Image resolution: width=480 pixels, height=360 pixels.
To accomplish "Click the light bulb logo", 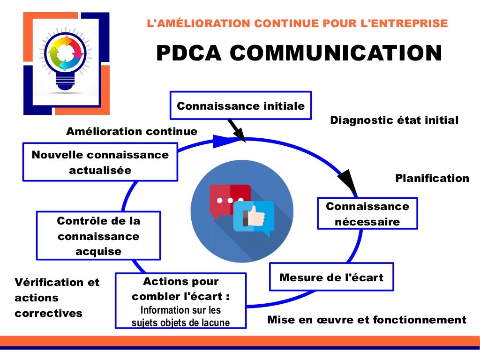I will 66,61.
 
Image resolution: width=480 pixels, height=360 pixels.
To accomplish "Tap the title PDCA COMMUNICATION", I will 299,53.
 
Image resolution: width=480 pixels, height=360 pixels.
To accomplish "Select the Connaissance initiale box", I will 240,105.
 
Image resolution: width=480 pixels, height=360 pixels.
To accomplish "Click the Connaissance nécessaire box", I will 367,213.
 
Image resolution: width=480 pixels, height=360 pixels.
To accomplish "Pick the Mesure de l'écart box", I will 331,277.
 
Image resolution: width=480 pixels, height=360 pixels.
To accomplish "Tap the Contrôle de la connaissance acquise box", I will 98,236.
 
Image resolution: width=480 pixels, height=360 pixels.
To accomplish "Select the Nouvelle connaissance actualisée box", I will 100,162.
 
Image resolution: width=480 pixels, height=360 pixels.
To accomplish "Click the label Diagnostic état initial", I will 394,120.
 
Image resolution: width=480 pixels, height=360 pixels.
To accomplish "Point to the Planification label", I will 432,178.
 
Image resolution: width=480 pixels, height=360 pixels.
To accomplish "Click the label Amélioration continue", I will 132,131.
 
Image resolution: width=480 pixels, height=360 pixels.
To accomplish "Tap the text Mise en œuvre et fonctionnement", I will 367,320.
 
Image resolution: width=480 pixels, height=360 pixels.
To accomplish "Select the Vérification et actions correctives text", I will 57,298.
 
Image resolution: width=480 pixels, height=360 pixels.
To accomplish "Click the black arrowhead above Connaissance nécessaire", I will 348,182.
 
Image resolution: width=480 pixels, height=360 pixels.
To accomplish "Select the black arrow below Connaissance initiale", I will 237,130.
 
